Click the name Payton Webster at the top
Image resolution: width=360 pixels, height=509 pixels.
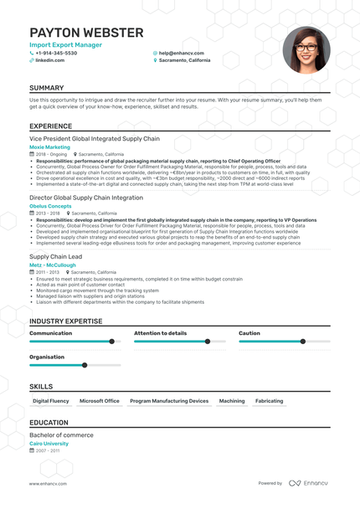point(86,33)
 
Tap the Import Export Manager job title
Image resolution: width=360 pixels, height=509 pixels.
point(59,44)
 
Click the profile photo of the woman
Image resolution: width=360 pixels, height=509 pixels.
point(306,49)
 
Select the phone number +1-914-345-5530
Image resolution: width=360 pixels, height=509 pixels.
point(55,53)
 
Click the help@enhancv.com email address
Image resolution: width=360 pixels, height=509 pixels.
point(182,53)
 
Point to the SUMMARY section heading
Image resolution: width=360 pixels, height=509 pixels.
point(46,88)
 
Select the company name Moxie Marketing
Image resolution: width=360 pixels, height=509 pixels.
point(50,147)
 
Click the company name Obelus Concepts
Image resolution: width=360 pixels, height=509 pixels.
point(50,205)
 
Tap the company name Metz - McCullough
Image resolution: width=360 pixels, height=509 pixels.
point(53,265)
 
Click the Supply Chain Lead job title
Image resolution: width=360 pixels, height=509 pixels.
point(55,256)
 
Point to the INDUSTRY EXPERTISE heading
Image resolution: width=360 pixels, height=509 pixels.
point(66,321)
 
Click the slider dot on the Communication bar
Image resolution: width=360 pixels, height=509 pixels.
point(111,342)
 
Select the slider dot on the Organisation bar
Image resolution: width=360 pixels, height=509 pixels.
point(85,365)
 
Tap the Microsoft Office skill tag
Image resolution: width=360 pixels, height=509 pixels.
point(100,401)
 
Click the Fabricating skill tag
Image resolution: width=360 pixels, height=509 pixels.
point(270,401)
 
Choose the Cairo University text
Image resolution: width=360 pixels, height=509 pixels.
point(49,444)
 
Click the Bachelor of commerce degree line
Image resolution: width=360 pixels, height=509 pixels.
point(61,435)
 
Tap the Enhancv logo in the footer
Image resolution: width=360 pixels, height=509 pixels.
point(311,483)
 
